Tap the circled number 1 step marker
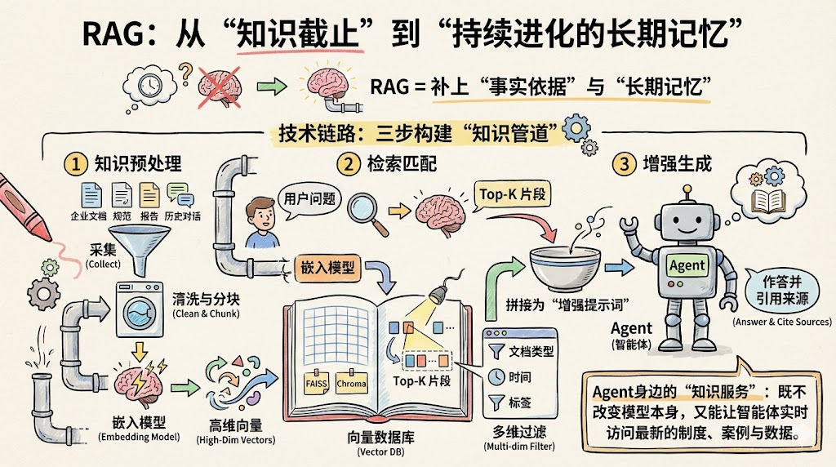[76, 164]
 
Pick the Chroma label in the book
[351, 383]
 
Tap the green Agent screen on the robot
[687, 266]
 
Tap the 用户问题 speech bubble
[308, 198]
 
